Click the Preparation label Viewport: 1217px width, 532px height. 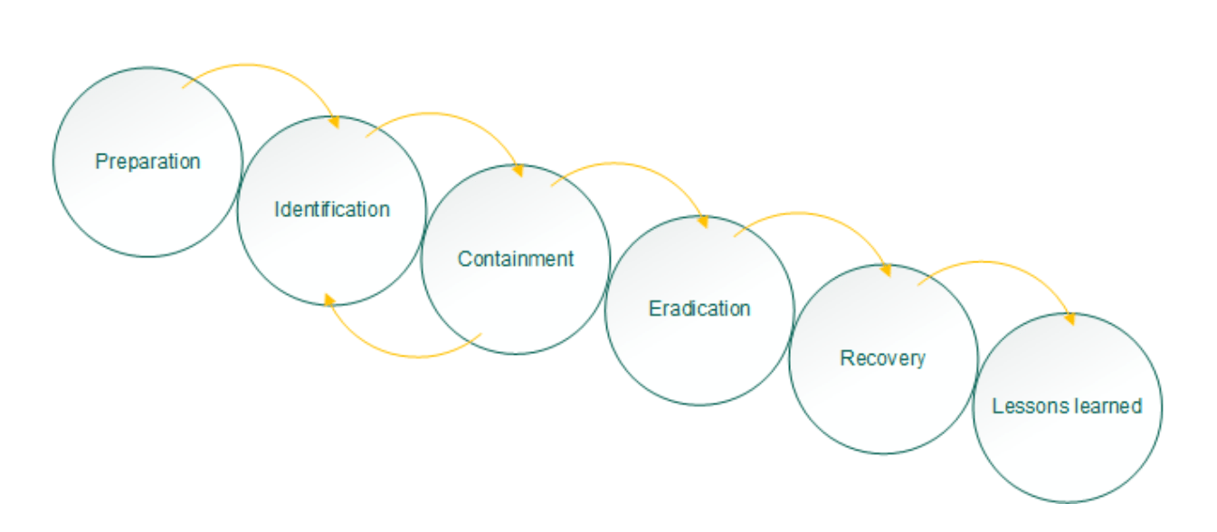(x=147, y=162)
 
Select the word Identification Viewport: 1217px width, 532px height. (x=332, y=210)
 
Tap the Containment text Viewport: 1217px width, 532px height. (x=516, y=259)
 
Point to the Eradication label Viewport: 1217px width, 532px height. (x=699, y=309)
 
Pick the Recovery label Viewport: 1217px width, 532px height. (x=883, y=358)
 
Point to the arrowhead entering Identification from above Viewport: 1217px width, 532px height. (x=334, y=122)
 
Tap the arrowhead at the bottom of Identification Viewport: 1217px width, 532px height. (x=329, y=300)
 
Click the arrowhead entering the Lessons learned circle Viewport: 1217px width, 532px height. (x=1070, y=319)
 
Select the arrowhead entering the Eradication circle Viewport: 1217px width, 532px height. (x=702, y=222)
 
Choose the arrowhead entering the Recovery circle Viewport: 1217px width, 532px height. (x=886, y=271)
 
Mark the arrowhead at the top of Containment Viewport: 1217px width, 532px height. (x=518, y=171)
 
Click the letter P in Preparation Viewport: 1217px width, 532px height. (x=100, y=161)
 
